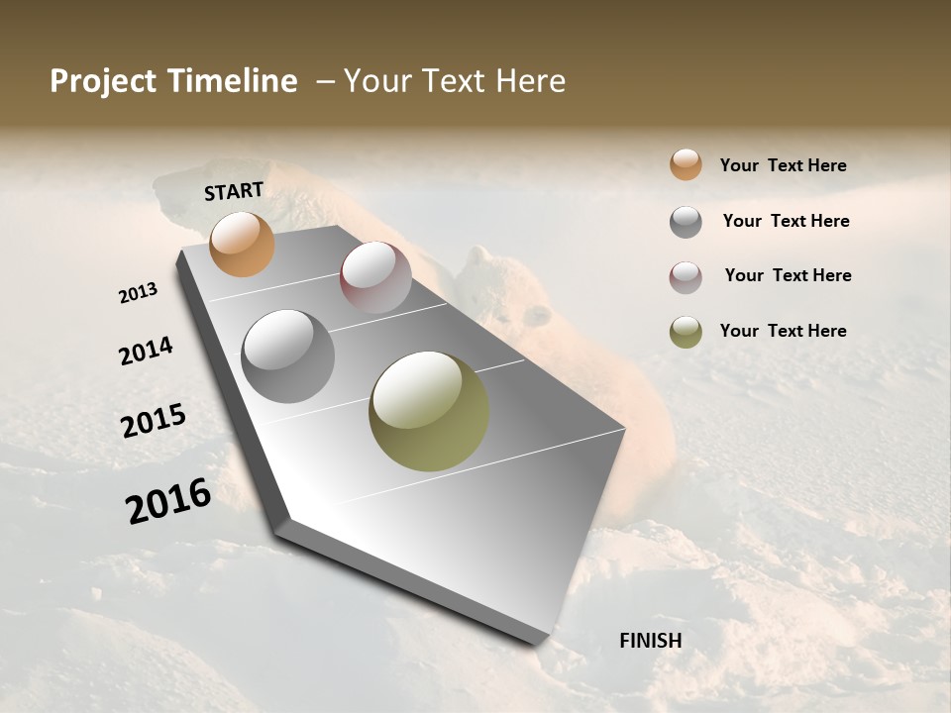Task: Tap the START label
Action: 234,191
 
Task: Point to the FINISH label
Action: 650,641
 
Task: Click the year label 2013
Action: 139,293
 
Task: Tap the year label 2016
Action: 168,501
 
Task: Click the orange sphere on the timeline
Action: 242,244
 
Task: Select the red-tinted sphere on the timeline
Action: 375,276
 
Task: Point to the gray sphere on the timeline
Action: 287,356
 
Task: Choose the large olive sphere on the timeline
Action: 429,411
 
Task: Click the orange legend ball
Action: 686,164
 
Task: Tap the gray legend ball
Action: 686,222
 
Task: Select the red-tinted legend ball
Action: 686,277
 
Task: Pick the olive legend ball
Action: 686,332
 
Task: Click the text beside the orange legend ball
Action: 783,165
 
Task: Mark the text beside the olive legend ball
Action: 783,331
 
